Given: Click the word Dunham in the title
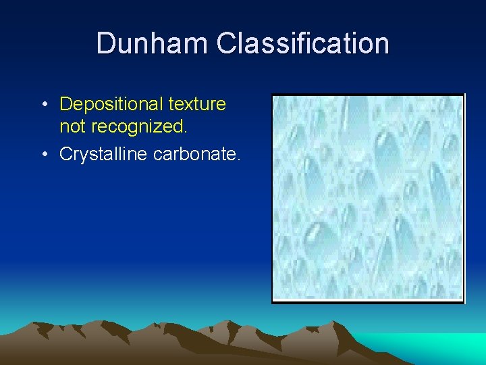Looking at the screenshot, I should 153,43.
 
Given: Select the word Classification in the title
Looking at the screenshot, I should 302,43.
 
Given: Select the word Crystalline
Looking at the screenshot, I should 104,154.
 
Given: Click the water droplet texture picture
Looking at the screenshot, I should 368,197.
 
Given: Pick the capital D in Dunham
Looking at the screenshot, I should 106,43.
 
